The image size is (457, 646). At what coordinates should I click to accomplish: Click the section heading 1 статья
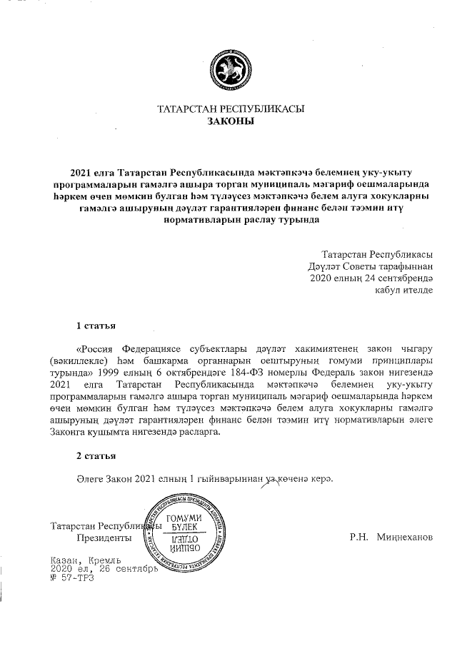[96, 326]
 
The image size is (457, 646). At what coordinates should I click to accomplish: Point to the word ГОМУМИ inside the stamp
[183, 518]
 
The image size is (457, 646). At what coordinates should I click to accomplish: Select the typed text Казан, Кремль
[87, 562]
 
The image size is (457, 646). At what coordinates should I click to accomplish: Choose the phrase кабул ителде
[404, 290]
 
